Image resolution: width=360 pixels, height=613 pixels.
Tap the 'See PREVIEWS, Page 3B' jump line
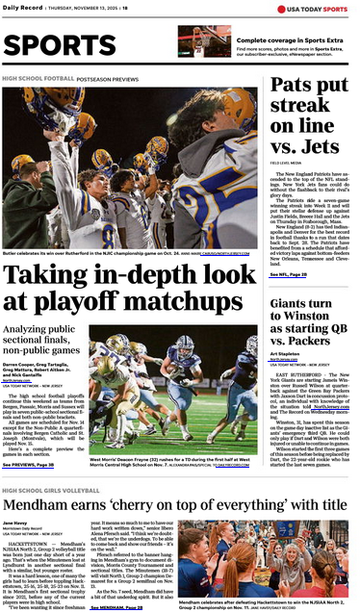[34, 464]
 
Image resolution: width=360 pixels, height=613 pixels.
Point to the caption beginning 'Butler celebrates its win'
[106, 253]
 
